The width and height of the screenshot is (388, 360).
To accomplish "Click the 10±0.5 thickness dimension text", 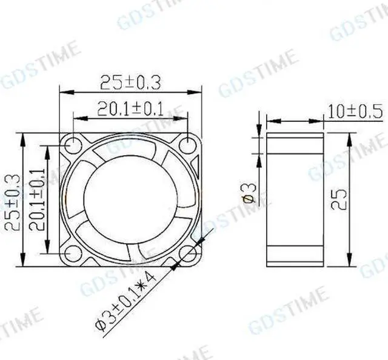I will tap(355, 111).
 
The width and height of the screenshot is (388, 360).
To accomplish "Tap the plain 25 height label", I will tap(339, 198).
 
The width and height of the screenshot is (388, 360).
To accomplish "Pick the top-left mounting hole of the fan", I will tap(73, 145).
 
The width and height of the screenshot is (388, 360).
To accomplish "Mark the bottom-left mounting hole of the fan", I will tap(73, 253).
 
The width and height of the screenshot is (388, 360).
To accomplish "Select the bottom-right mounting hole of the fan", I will tap(189, 253).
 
